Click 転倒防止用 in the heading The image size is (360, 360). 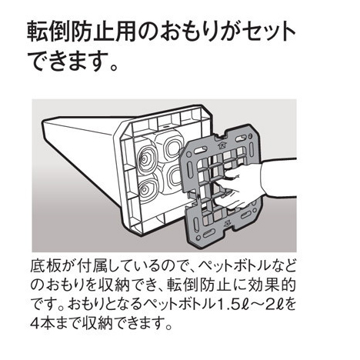click(82, 32)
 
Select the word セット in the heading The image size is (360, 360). click(269, 32)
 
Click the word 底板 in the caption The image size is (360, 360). click(46, 266)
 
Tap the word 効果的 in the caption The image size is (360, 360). click(273, 285)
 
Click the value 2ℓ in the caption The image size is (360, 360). click(275, 304)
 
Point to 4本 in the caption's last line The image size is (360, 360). click(43, 323)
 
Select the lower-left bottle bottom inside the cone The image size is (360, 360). click(148, 189)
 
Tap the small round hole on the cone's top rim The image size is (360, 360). click(165, 126)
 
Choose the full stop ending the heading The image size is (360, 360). click(113, 68)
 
